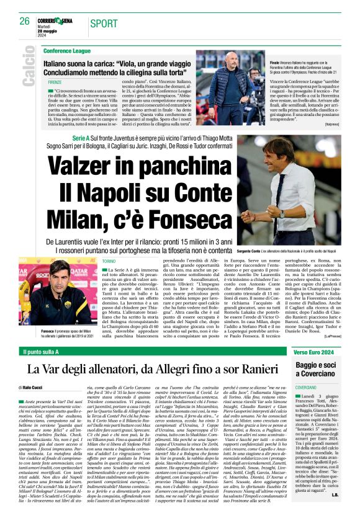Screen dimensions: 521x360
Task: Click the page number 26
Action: click(25, 21)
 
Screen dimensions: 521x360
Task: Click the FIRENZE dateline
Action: click(55, 81)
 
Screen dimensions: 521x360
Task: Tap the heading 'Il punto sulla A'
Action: click(58, 352)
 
